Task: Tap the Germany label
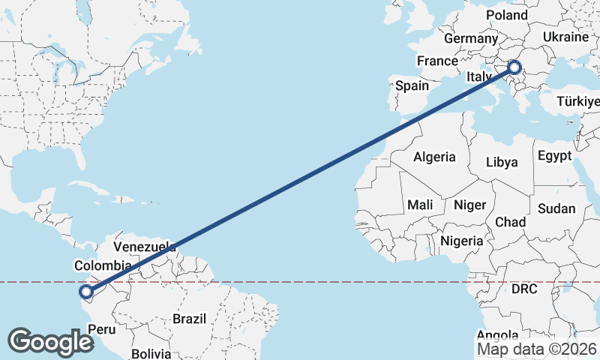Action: tap(471, 39)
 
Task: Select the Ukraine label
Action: tap(565, 37)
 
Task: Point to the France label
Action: tap(437, 61)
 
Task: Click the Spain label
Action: tap(412, 85)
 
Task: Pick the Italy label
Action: tap(478, 77)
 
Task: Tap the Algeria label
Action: tap(434, 157)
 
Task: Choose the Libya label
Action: tap(502, 161)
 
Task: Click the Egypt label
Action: tap(554, 156)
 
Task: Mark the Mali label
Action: tap(420, 204)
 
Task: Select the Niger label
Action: tap(470, 205)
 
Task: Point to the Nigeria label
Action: tap(461, 241)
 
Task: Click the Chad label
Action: tap(510, 222)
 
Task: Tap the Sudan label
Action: tap(556, 208)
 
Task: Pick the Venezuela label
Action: tap(145, 247)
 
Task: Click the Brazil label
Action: tap(189, 319)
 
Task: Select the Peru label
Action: tap(102, 328)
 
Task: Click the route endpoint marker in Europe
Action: tap(514, 67)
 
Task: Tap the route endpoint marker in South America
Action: tap(86, 292)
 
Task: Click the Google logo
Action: tap(50, 341)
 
